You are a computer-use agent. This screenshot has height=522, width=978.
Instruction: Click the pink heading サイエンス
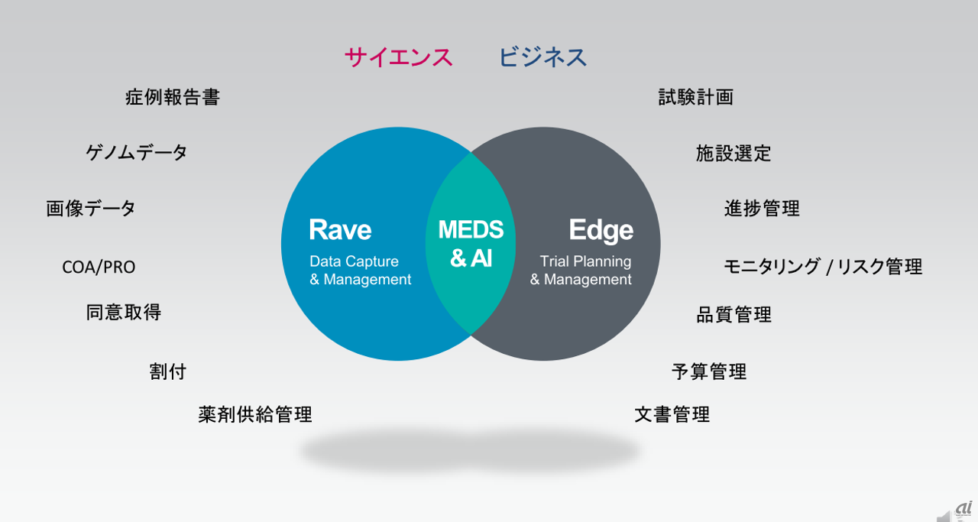point(398,57)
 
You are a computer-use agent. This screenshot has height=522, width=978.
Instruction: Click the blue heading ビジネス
point(542,57)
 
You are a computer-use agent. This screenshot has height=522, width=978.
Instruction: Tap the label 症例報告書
point(173,97)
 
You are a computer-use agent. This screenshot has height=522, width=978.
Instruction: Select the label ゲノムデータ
point(137,152)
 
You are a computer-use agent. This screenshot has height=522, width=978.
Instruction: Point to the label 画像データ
point(91,208)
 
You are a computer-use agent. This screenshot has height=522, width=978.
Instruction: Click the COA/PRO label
point(99,267)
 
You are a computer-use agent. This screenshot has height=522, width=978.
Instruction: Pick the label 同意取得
point(124,312)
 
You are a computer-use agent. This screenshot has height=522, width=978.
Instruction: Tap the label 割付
point(168,371)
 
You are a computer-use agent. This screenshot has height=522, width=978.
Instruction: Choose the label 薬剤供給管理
point(255,414)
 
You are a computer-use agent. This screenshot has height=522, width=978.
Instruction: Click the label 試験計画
point(696,97)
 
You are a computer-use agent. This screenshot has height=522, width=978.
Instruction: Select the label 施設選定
point(733,154)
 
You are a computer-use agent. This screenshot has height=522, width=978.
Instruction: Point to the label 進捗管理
point(762,208)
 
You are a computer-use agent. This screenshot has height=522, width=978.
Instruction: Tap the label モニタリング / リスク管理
point(823,267)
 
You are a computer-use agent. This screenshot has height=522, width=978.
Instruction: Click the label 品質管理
point(733,314)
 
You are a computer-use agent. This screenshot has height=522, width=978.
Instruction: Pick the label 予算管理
point(709,371)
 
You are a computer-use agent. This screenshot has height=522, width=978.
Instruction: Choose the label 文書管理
point(672,414)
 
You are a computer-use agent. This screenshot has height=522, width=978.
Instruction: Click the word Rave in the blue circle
point(340,230)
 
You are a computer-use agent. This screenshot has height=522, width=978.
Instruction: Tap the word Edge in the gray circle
point(601,230)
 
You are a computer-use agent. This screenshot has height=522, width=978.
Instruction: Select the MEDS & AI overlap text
point(471,244)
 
